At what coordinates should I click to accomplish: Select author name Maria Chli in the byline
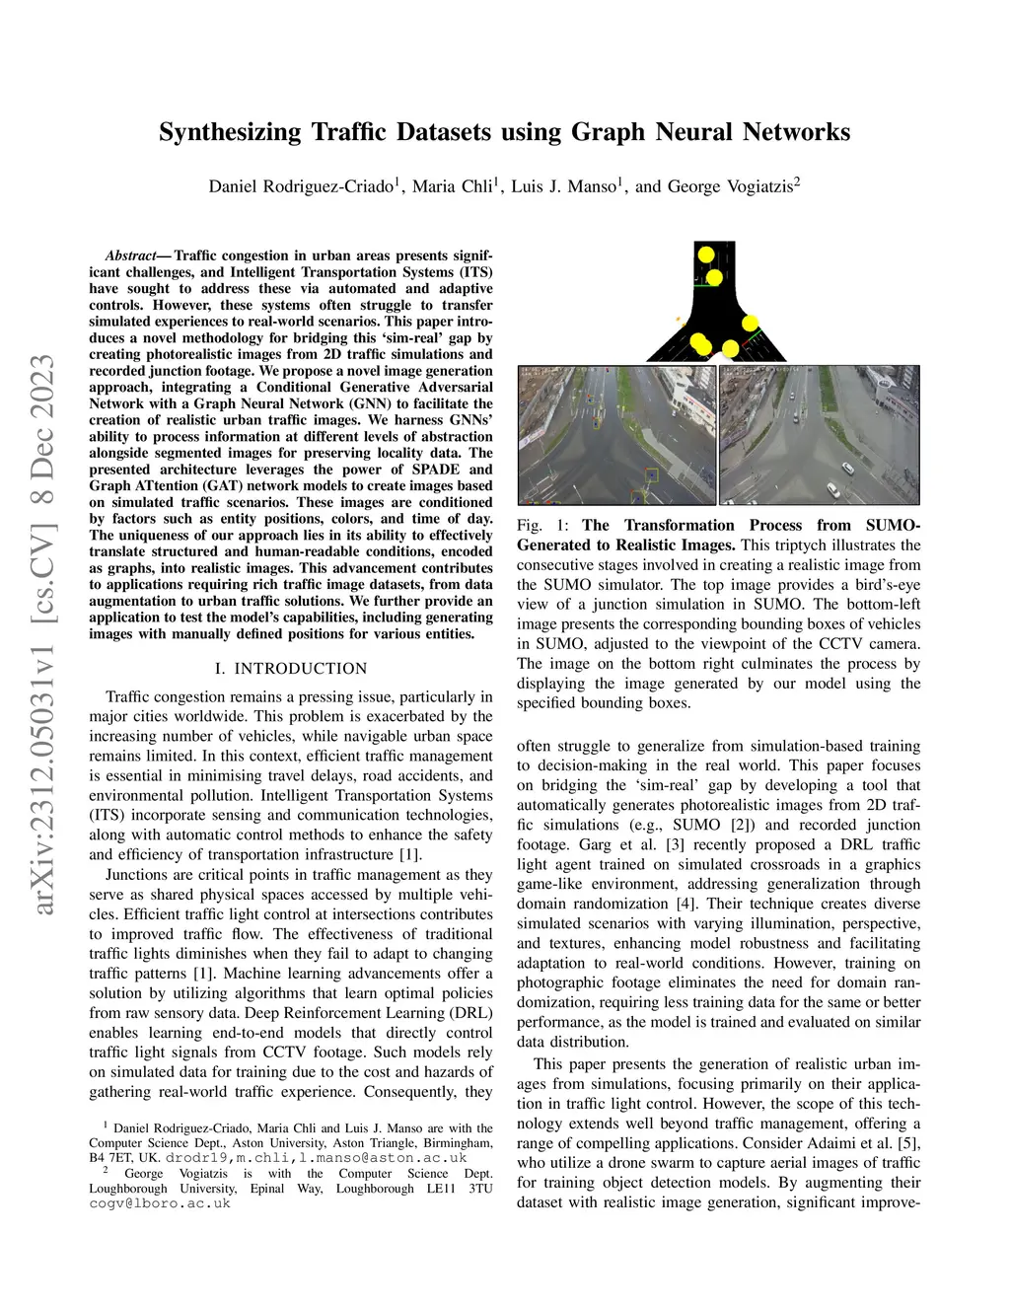click(452, 186)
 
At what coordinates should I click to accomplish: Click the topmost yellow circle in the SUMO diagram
click(706, 254)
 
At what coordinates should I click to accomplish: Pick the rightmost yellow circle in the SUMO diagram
click(750, 323)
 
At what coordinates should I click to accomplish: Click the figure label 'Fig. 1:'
click(542, 526)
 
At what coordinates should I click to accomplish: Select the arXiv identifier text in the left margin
click(44, 631)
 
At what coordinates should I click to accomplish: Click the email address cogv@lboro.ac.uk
click(160, 1203)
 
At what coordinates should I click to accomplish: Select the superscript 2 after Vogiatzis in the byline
click(797, 182)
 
